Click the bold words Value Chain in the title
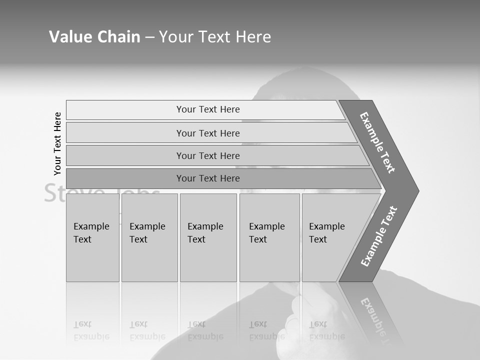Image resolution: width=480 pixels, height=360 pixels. [94, 37]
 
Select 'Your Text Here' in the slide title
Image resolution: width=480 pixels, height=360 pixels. [215, 37]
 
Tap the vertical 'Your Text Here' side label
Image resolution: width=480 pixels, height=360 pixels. [57, 143]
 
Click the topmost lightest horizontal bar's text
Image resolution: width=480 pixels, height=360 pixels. [208, 109]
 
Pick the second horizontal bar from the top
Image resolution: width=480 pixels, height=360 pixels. [208, 133]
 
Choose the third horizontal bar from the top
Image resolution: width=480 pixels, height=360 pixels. [208, 155]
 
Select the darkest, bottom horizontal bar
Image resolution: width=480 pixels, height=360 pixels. [208, 178]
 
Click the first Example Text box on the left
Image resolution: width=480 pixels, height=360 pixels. [92, 237]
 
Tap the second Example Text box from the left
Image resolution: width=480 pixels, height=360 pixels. [149, 237]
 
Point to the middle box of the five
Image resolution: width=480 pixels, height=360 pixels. [208, 237]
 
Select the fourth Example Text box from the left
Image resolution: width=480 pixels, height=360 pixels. [269, 237]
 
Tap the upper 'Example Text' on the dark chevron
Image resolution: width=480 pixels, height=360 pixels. [377, 142]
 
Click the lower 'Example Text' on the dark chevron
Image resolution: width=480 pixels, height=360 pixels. [379, 236]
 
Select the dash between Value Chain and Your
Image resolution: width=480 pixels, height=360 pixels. [149, 37]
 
